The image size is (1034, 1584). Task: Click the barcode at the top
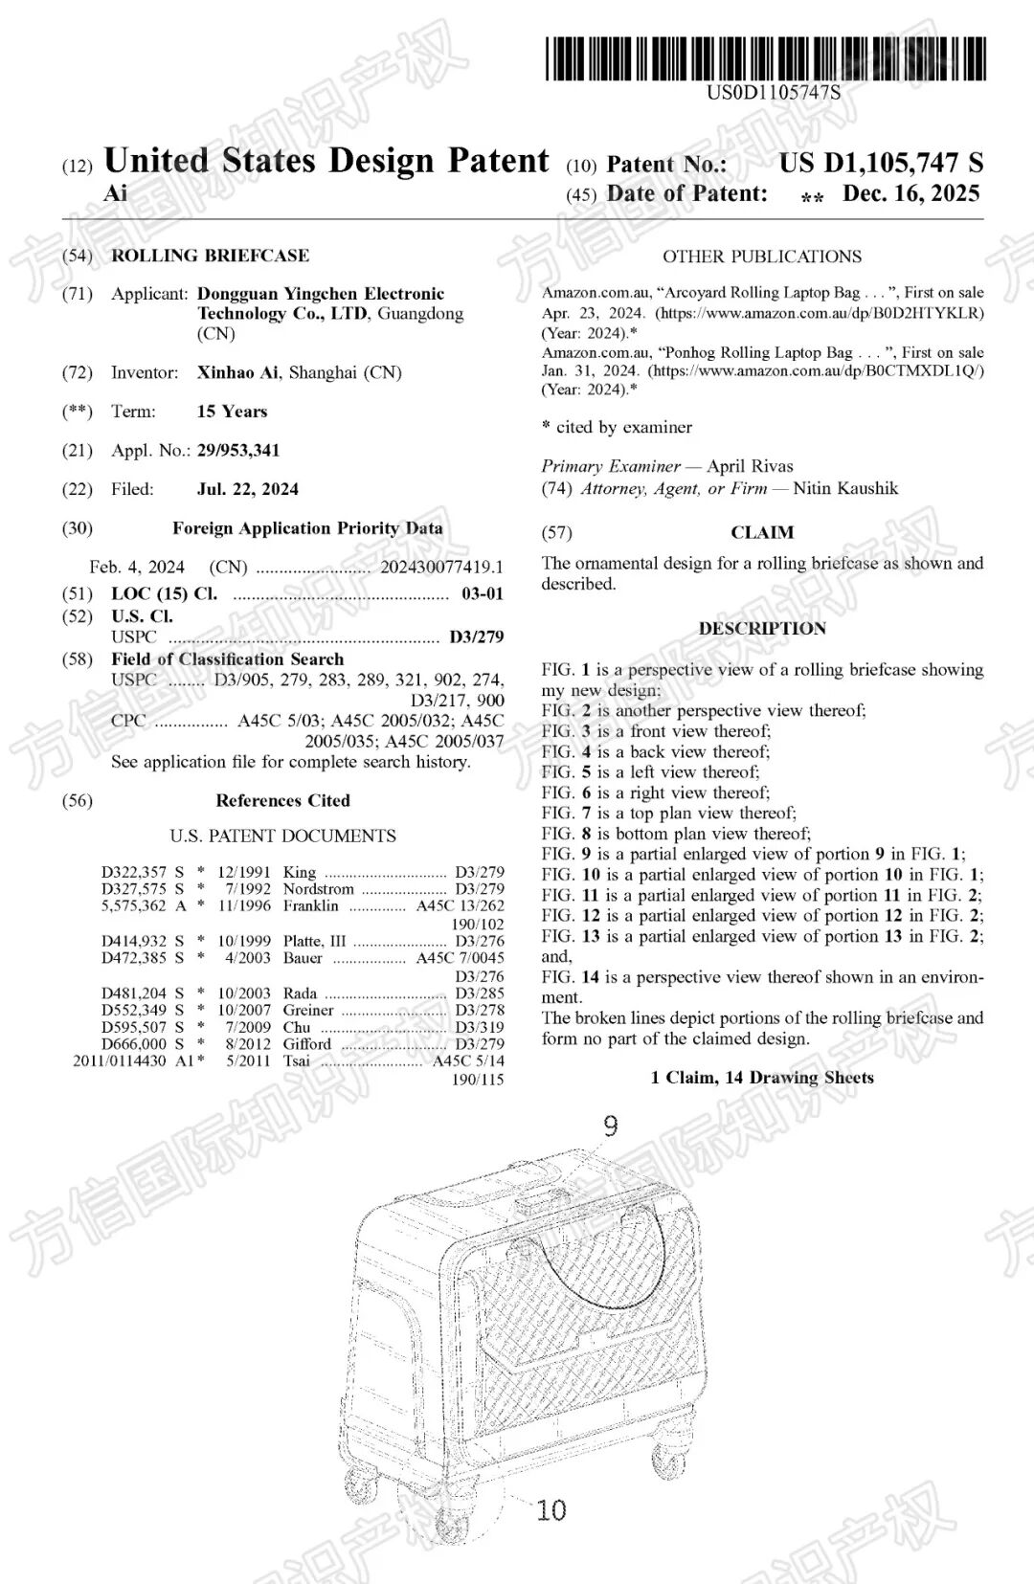766,58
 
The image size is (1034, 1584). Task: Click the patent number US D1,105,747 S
881,163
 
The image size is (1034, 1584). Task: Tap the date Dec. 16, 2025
910,193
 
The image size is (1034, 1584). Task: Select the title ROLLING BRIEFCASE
210,256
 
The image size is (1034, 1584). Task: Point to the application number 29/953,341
238,450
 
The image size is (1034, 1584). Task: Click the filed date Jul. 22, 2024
247,489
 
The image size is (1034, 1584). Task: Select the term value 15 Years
232,412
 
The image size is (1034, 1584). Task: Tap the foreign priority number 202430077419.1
441,567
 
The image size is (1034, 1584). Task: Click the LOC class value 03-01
482,593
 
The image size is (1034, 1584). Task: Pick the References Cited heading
282,800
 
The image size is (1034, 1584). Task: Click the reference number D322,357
134,872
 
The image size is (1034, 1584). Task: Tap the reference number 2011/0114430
120,1060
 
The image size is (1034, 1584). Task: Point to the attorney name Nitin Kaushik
845,488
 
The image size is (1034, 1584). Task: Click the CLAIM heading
762,532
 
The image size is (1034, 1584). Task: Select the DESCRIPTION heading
762,629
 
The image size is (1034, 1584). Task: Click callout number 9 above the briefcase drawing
610,1126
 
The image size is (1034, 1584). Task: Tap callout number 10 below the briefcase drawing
551,1510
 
